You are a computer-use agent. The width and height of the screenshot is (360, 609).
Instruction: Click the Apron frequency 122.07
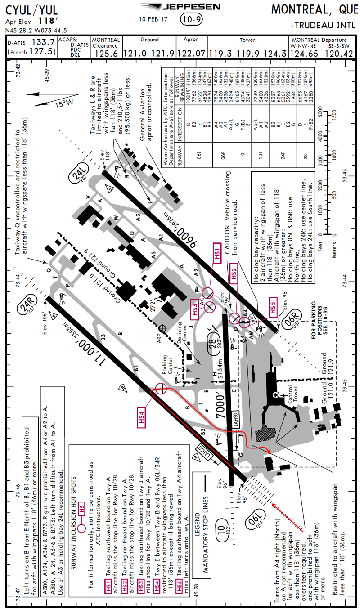click(194, 54)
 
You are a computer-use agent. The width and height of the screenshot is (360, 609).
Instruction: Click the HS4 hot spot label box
click(142, 417)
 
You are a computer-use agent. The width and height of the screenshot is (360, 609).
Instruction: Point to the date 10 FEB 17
click(153, 19)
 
